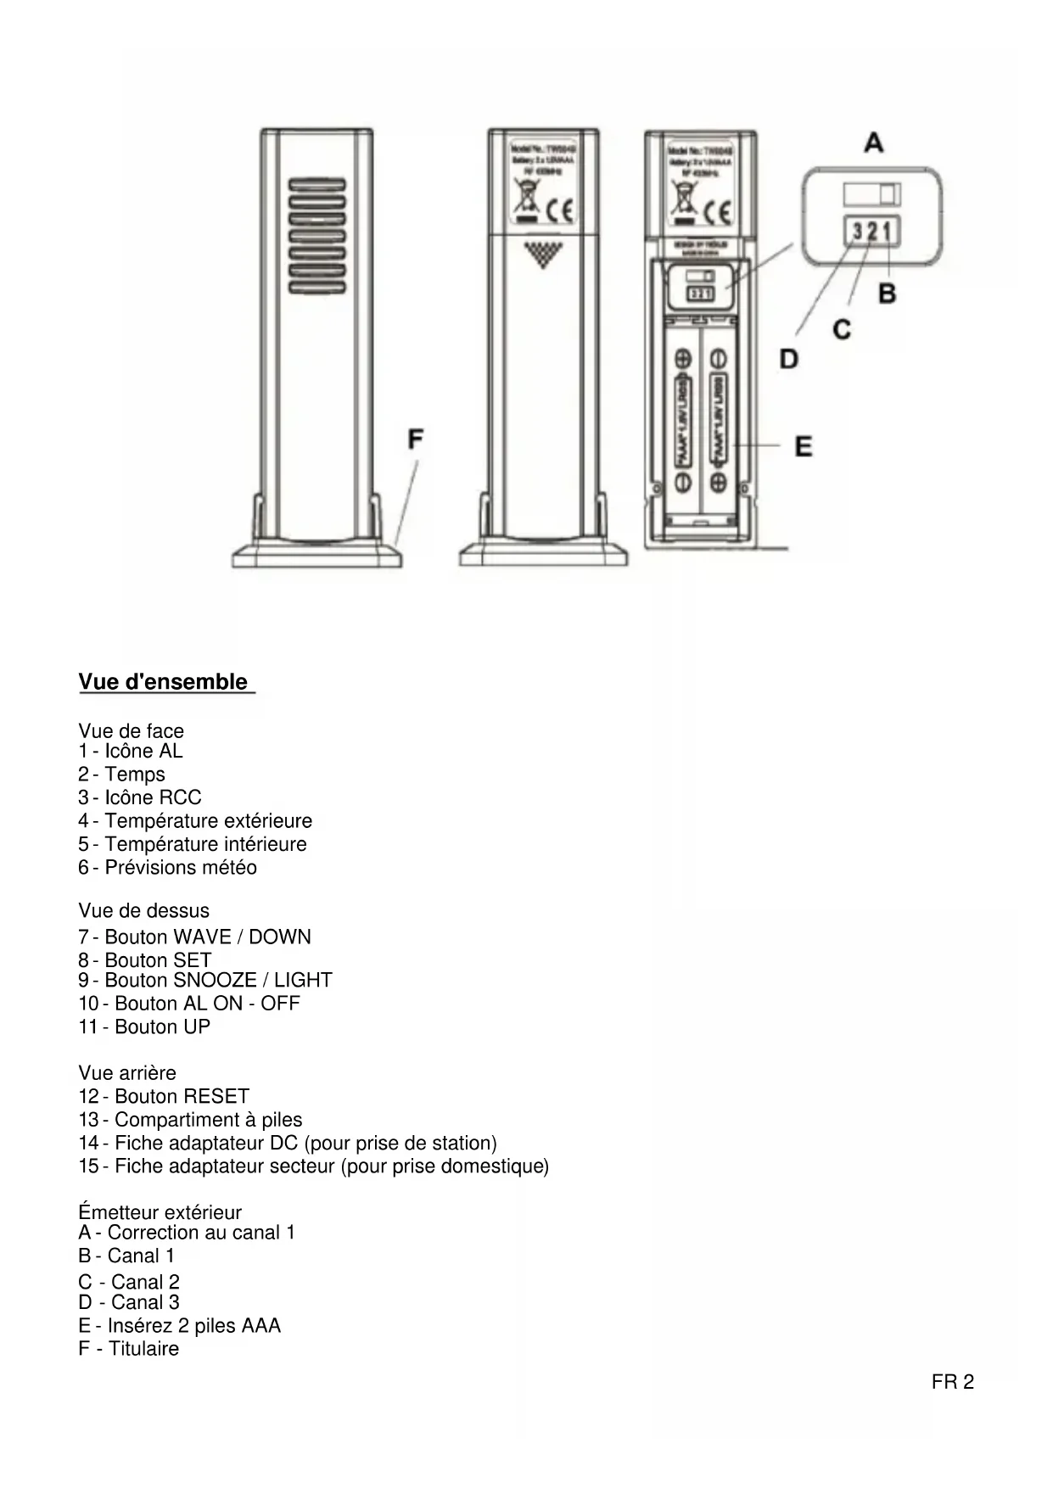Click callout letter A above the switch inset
point(873,143)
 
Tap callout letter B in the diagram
point(887,294)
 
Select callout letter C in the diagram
point(841,329)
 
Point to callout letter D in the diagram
point(788,360)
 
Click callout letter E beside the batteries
point(803,446)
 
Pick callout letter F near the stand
point(415,439)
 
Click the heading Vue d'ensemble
point(163,682)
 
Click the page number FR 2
point(952,1382)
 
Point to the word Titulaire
point(143,1349)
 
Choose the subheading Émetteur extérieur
point(160,1212)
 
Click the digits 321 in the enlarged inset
point(871,230)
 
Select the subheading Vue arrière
point(127,1072)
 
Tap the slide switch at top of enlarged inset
point(871,195)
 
